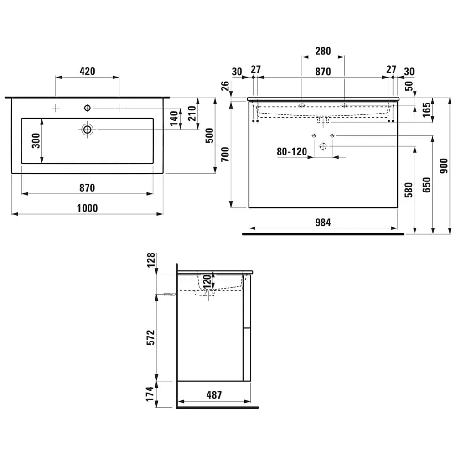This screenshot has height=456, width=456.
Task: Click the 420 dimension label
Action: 87,71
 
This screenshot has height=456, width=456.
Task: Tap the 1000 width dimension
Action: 87,208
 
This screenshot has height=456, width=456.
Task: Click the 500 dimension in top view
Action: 210,135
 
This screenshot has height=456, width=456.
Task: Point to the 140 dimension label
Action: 173,118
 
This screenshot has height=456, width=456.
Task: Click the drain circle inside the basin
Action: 88,129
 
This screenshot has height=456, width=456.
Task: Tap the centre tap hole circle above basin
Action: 87,108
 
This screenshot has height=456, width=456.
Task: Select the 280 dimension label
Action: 323,51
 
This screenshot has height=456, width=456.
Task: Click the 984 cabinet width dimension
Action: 323,222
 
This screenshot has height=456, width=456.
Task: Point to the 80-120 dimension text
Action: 292,151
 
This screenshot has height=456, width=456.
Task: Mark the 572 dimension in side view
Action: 151,337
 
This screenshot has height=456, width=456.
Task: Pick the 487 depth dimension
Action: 213,395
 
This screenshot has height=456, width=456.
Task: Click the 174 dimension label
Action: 151,394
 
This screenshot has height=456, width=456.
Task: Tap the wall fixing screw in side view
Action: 169,295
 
